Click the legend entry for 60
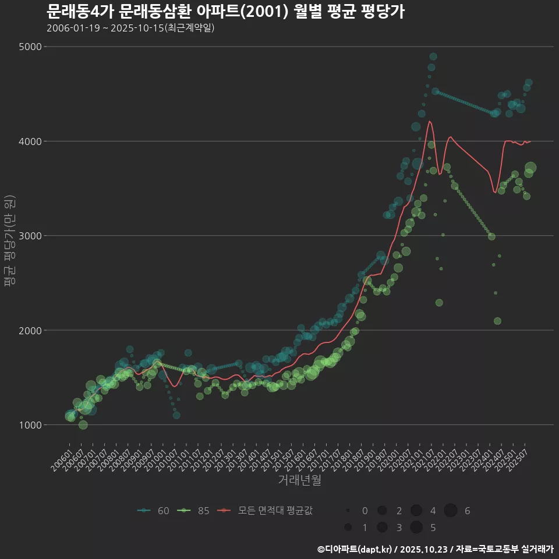[x=154, y=511]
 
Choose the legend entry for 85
[x=194, y=511]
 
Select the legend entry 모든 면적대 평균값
[x=268, y=511]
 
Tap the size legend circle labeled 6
[x=451, y=511]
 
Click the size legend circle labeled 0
[x=348, y=511]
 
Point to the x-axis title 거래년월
[x=299, y=480]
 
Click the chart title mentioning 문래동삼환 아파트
[x=225, y=10]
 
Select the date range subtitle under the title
[x=130, y=28]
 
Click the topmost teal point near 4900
[x=433, y=56]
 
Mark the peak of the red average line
[x=429, y=121]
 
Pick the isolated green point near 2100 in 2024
[x=497, y=321]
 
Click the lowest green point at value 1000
[x=83, y=424]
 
